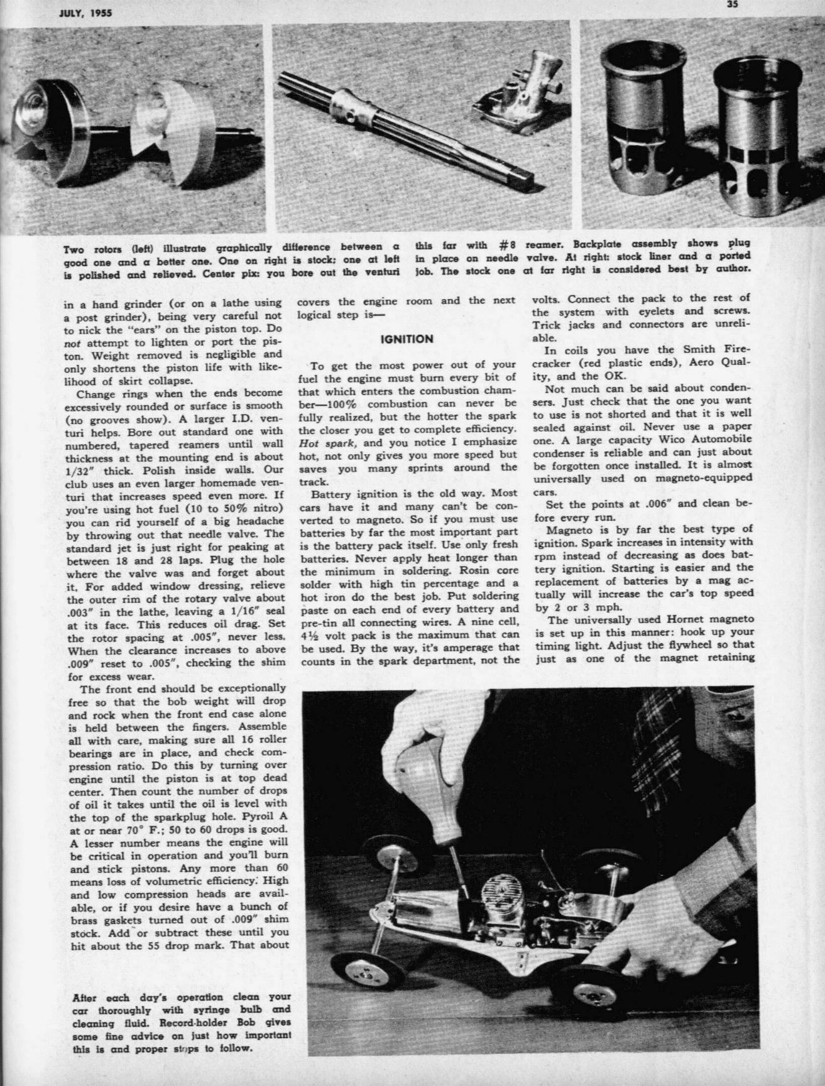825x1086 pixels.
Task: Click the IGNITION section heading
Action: [x=407, y=339]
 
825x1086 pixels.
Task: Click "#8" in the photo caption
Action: [x=508, y=244]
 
